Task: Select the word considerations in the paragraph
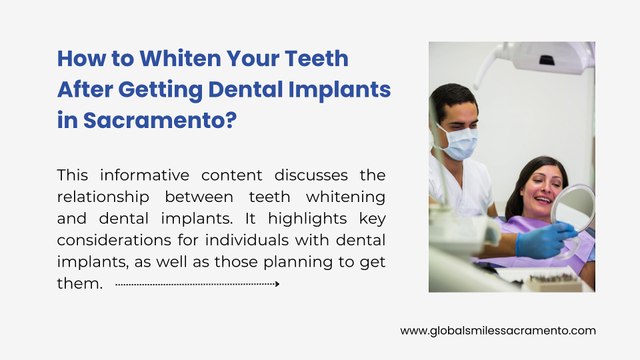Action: coord(115,240)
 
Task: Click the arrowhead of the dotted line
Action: coord(276,284)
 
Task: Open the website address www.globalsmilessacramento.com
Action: coord(498,330)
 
